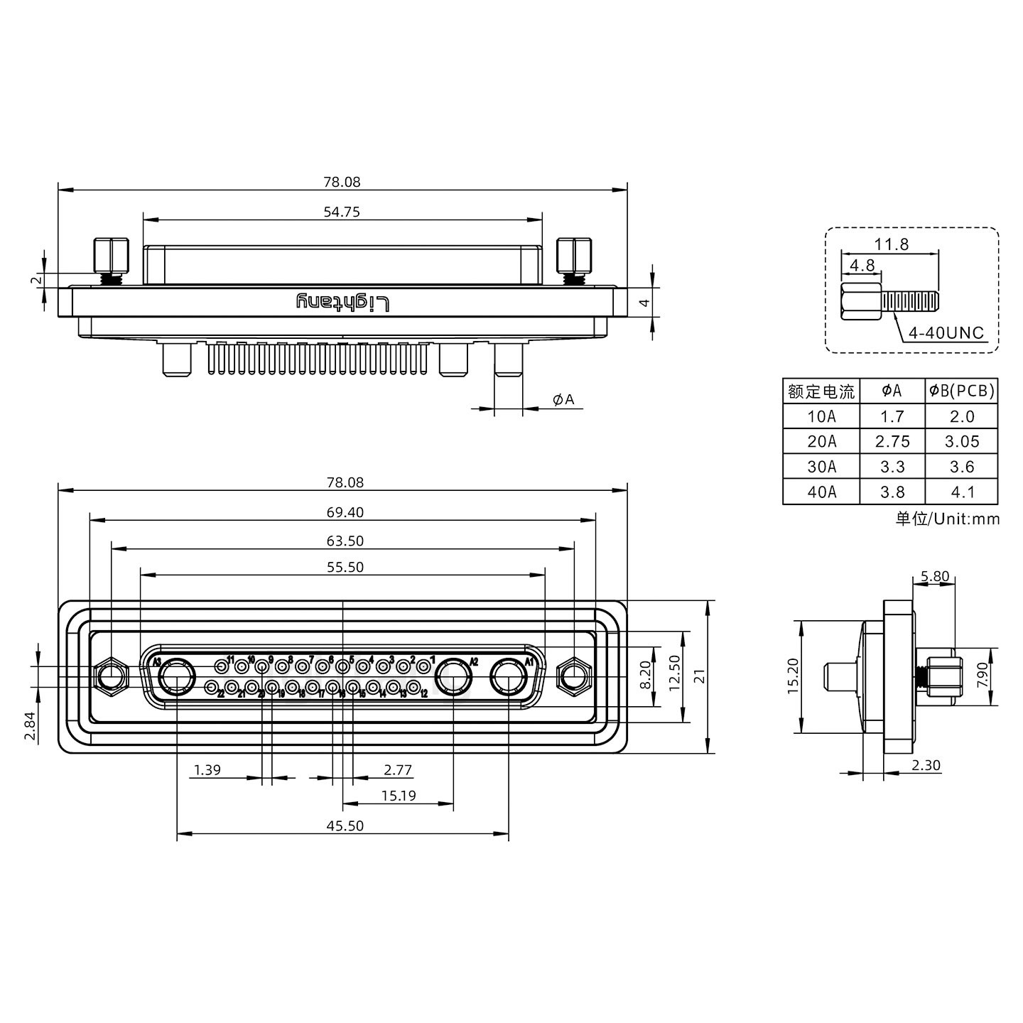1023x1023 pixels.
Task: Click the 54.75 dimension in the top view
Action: tap(342, 212)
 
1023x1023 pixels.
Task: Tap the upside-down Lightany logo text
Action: tap(343, 303)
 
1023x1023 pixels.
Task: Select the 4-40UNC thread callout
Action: tap(948, 333)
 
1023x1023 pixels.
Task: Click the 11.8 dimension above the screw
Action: tap(891, 244)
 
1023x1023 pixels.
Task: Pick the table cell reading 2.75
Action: tap(892, 442)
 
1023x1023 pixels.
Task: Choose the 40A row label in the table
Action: tap(821, 492)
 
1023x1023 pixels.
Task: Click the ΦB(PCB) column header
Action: tap(962, 391)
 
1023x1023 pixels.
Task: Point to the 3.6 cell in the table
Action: tap(962, 467)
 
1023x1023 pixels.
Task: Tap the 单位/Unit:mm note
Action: tap(947, 519)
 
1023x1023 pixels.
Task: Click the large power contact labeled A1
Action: tap(509, 677)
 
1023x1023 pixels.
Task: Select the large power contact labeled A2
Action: tap(453, 677)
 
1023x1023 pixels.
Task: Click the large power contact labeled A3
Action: tap(177, 677)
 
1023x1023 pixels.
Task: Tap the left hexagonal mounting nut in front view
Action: tap(112, 675)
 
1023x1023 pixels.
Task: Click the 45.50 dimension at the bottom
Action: tap(345, 826)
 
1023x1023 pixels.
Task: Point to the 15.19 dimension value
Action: tap(398, 796)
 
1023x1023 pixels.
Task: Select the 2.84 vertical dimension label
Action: tap(30, 726)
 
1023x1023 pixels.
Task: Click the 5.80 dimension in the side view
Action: tap(934, 577)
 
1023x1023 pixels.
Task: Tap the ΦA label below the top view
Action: tap(563, 400)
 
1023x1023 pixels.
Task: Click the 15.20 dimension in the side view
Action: tap(794, 676)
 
